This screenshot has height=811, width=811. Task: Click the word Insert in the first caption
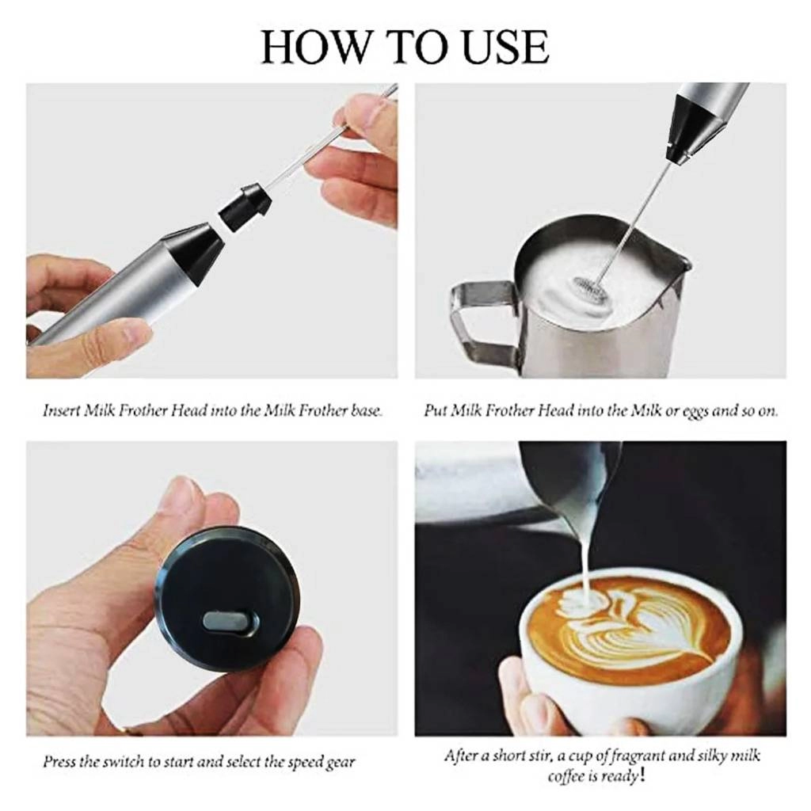(63, 411)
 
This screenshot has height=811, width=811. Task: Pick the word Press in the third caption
(60, 763)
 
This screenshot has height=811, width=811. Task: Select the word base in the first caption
(367, 411)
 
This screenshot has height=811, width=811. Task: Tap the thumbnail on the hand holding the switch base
(181, 495)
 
